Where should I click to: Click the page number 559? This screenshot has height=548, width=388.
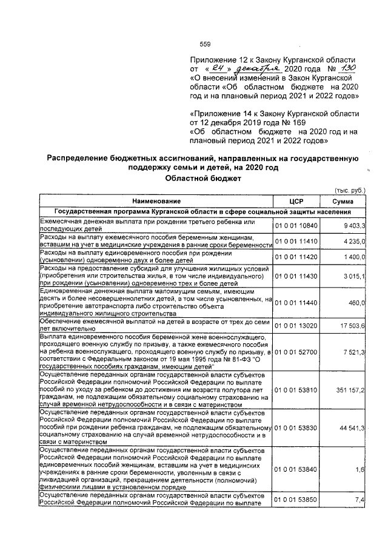(205, 44)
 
